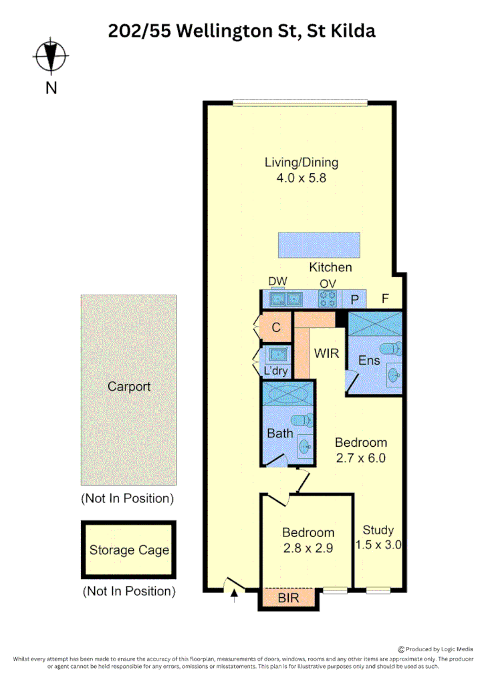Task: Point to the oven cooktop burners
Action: pyautogui.click(x=327, y=299)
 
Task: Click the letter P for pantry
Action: pyautogui.click(x=355, y=300)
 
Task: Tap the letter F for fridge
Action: pyautogui.click(x=385, y=299)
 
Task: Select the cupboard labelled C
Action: pyautogui.click(x=276, y=327)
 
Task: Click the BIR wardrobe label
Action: pyautogui.click(x=288, y=598)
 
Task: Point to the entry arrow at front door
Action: pyautogui.click(x=235, y=594)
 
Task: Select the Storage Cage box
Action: pyautogui.click(x=129, y=550)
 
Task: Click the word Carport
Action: pyautogui.click(x=129, y=387)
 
